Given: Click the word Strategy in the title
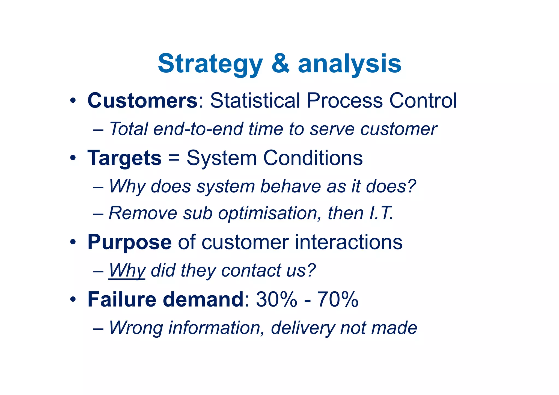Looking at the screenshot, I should coord(210,64).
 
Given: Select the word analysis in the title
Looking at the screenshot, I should coord(349,64).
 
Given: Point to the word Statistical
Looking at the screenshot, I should coord(255,100).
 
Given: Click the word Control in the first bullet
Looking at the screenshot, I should coord(423,100).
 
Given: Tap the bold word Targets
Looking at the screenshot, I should coord(124,158).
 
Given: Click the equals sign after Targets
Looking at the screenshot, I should coord(174,158).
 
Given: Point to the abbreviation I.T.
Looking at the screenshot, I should coord(381,213).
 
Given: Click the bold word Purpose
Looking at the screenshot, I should coord(129,242).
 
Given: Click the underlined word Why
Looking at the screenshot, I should coord(127,271).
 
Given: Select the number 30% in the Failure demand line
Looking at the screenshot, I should coord(276,299).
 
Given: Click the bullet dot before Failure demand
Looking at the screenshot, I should coord(73,300).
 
